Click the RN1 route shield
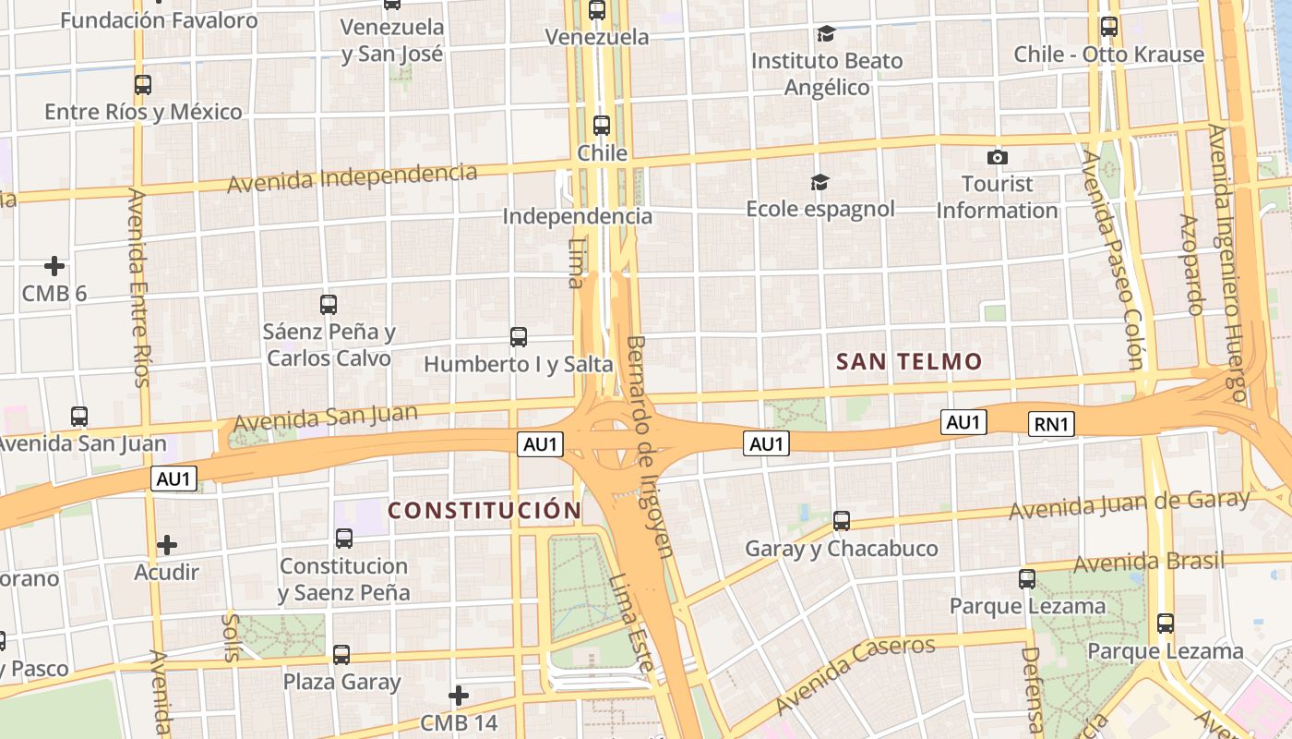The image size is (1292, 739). click(x=1052, y=424)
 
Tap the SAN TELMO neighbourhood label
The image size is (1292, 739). click(x=909, y=362)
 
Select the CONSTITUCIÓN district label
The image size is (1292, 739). click(x=484, y=510)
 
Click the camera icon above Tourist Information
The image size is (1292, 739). click(x=997, y=157)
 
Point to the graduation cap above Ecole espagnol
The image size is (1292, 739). click(x=819, y=182)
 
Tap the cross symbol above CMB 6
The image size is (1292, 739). click(x=54, y=266)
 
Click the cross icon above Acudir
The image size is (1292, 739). click(x=166, y=545)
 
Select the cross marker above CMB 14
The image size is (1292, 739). click(x=459, y=695)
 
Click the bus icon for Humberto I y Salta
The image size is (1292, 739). click(x=519, y=337)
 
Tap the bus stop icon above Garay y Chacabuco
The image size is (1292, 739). click(x=841, y=521)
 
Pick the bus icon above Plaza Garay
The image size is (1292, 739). click(x=341, y=655)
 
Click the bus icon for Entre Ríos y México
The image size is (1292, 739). click(x=142, y=85)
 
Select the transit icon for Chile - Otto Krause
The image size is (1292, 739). click(x=1109, y=27)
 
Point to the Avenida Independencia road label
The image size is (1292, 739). click(x=353, y=177)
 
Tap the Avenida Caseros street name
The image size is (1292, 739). click(x=855, y=673)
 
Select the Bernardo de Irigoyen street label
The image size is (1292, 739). click(x=651, y=446)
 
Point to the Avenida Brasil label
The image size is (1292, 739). click(x=1149, y=562)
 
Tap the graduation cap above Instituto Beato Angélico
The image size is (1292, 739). click(x=826, y=34)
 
